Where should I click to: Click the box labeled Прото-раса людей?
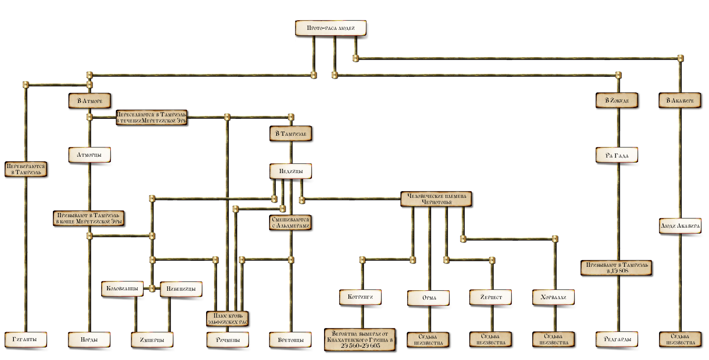331,29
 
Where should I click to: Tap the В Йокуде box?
617,101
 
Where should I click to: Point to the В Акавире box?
680,101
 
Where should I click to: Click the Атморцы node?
90,155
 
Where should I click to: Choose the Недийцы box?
290,171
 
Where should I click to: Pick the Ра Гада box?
617,155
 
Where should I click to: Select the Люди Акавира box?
680,226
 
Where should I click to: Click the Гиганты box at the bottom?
26,339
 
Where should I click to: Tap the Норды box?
89,339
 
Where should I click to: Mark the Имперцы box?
152,339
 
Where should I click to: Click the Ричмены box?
228,339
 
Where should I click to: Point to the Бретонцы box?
290,339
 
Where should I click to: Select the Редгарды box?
618,339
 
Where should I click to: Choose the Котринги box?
361,297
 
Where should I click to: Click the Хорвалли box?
554,297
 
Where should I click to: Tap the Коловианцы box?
123,289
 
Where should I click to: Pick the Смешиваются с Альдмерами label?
290,223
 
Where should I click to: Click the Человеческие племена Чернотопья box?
437,199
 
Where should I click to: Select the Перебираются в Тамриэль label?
26,169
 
